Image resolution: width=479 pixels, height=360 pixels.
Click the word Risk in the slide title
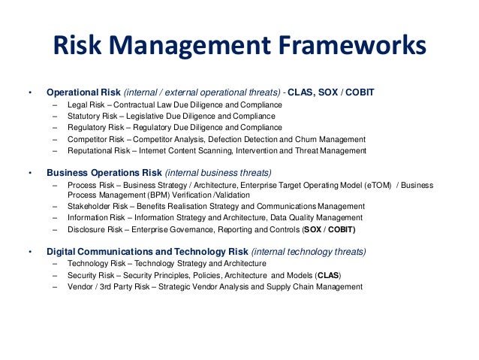(79, 47)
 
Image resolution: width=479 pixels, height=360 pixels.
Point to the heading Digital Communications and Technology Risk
(147, 251)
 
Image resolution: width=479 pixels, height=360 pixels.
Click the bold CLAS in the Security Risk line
(328, 275)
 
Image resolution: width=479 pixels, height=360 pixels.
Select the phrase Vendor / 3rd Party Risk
(110, 286)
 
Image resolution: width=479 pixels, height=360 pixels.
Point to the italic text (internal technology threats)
(309, 251)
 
